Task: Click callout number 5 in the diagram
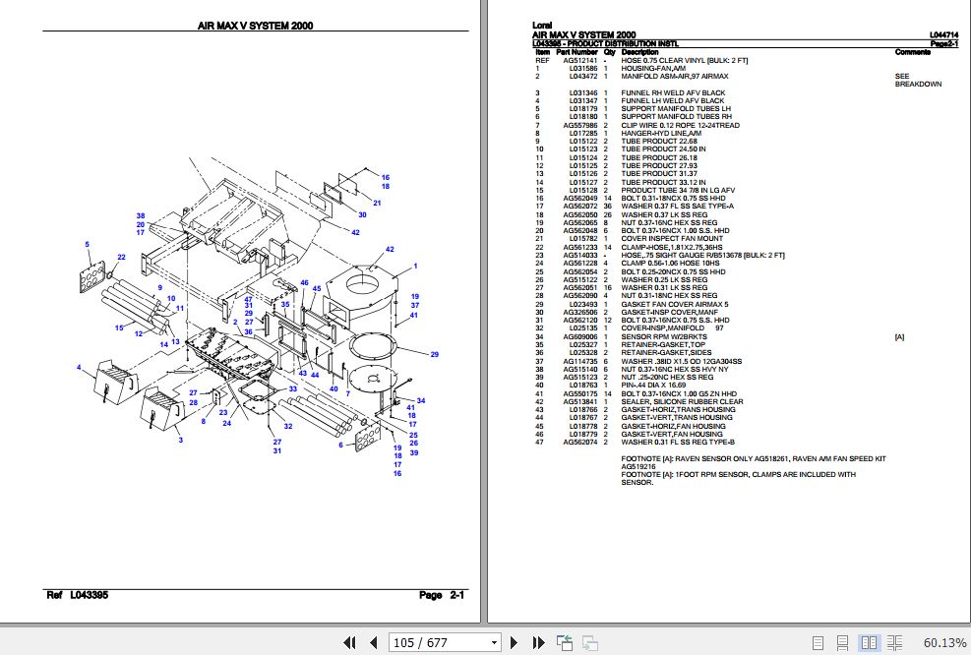point(87,244)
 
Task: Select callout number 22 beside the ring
point(121,258)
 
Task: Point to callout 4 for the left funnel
point(79,368)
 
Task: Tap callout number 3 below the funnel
point(180,440)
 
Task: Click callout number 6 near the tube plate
point(340,445)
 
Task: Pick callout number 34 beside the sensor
point(421,400)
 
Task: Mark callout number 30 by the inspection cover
point(362,213)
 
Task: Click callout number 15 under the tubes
point(120,327)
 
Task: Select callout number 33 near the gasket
point(292,389)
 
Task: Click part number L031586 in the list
point(582,68)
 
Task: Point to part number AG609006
point(579,337)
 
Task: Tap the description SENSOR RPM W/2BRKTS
point(663,337)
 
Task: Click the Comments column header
point(912,51)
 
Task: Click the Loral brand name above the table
point(541,25)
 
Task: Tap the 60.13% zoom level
point(943,642)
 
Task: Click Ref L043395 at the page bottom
point(78,596)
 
